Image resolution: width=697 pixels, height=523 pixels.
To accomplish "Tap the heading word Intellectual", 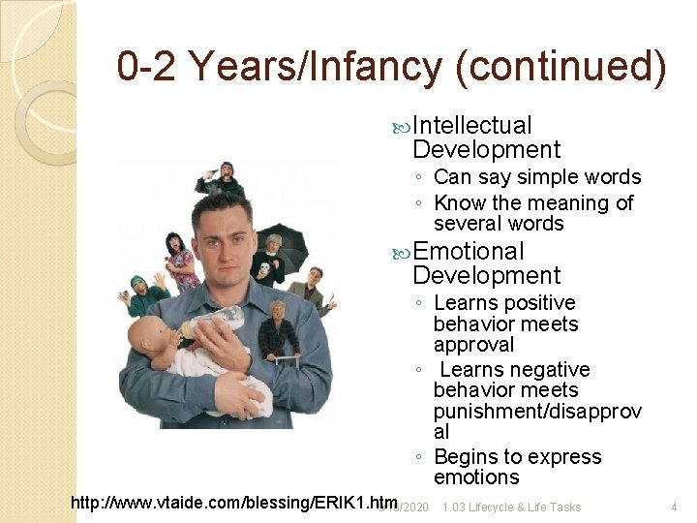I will tap(472, 125).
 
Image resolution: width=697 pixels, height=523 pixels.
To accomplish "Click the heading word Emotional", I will tap(469, 252).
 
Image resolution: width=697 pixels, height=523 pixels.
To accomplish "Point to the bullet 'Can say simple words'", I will tap(537, 177).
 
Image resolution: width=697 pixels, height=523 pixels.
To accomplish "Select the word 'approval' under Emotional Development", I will tap(473, 345).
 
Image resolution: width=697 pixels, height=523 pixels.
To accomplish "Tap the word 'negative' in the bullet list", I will tap(554, 370).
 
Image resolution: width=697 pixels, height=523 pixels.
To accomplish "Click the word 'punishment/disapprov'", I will tap(537, 412).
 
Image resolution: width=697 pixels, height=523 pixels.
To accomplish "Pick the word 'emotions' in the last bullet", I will tap(476, 477).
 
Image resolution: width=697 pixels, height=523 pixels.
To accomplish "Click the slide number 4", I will tap(673, 507).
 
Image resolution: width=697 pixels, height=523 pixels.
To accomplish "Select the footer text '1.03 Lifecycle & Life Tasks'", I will tap(511, 507).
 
